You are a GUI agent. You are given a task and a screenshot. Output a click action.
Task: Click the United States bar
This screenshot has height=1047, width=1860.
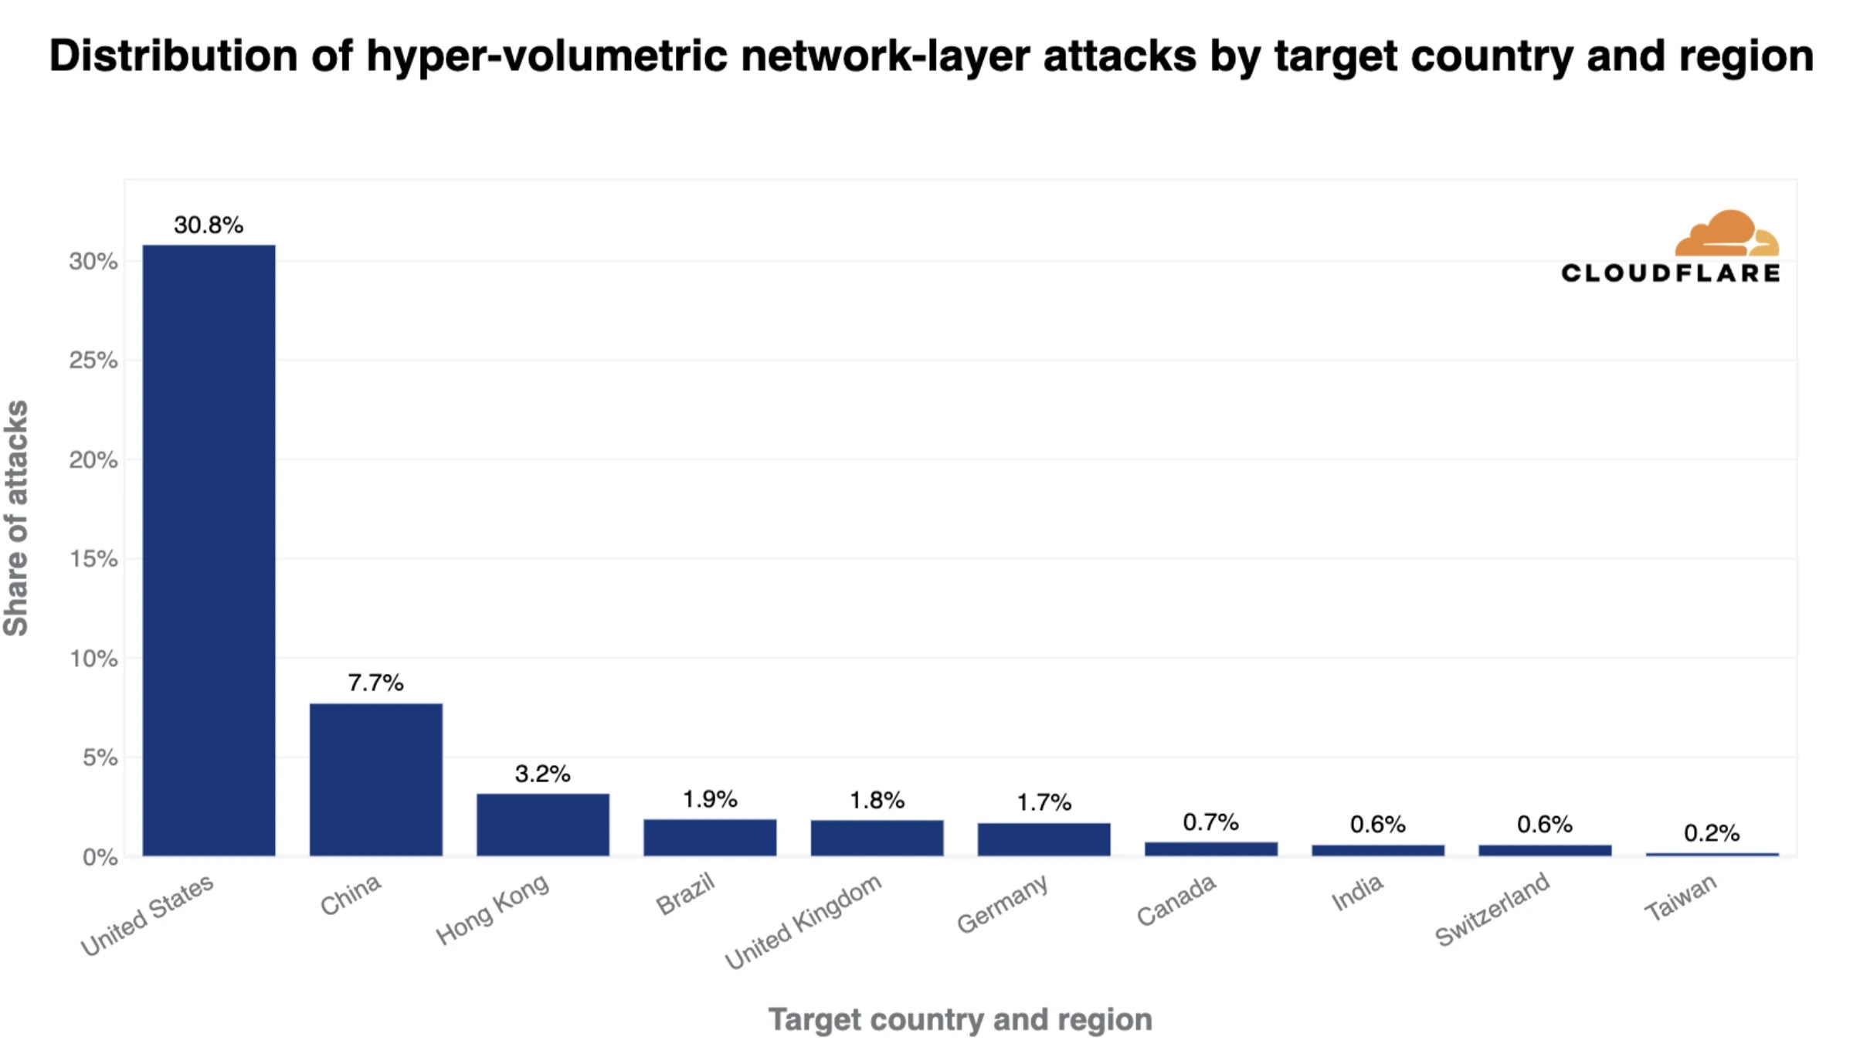tap(209, 550)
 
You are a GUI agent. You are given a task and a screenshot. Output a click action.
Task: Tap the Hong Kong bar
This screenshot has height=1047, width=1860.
tap(542, 824)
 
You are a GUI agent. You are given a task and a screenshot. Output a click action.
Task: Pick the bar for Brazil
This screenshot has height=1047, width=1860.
tap(710, 837)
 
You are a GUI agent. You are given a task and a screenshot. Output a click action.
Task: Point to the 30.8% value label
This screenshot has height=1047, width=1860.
tap(209, 225)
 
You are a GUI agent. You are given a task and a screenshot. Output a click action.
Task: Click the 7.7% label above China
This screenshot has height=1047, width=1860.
tap(375, 683)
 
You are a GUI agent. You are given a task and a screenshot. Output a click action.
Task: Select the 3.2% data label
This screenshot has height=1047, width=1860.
tap(542, 774)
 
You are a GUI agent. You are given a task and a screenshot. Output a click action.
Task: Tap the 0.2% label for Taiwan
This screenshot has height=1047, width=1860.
tap(1712, 833)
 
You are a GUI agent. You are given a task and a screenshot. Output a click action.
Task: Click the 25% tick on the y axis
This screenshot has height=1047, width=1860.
tap(93, 361)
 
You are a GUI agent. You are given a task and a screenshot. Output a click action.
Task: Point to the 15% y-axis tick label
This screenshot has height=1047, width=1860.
tap(93, 559)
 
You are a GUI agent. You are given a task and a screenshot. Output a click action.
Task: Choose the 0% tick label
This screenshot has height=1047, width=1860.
tap(100, 857)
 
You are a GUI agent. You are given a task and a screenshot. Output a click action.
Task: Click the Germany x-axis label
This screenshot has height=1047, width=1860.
tap(1003, 903)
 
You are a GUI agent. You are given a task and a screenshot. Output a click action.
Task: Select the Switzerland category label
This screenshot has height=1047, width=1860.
tap(1492, 910)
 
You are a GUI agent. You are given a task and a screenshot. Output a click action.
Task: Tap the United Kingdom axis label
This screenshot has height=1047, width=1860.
tap(803, 921)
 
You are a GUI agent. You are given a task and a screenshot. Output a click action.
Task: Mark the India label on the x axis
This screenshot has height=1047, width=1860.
tap(1357, 893)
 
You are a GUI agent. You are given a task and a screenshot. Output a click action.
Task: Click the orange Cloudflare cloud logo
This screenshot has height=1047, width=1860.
tap(1726, 233)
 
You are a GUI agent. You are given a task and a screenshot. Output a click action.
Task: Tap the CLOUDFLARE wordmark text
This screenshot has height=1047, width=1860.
tap(1670, 273)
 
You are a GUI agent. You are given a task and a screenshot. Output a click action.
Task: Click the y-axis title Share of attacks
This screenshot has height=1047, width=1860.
tap(17, 518)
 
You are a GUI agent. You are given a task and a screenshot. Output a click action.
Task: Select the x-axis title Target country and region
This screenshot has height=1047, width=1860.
tap(960, 1019)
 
